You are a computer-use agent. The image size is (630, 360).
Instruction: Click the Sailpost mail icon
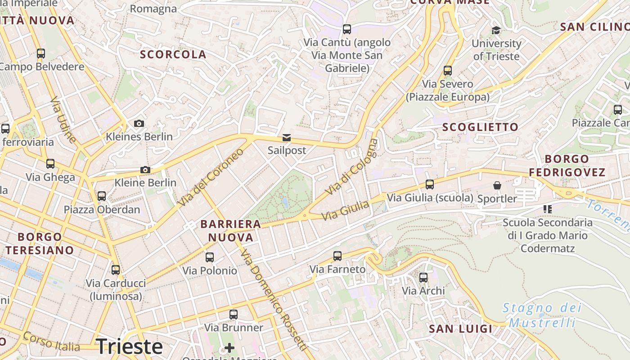pos(287,138)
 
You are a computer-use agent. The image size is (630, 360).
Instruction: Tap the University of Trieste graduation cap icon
pos(496,30)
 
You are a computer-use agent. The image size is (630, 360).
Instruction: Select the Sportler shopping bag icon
pos(497,185)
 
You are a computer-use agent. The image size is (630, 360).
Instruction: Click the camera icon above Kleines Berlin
pos(139,123)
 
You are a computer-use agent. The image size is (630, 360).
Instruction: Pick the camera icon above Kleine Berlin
pos(145,170)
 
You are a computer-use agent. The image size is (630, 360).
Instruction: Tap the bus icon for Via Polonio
pos(210,257)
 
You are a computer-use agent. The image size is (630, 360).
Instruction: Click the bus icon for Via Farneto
pos(337,256)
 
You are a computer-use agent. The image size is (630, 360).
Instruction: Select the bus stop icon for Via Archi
pos(423,278)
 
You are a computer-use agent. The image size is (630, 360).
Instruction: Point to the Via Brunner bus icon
pos(234,315)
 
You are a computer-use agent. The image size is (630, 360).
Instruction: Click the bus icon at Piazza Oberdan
pos(102,196)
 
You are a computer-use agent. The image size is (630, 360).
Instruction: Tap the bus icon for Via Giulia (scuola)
pos(430,184)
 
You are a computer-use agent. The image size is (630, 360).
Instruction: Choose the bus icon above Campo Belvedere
pos(41,54)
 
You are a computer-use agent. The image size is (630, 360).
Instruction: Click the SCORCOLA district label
pos(173,54)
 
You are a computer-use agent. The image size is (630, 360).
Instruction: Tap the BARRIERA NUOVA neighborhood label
pos(231,230)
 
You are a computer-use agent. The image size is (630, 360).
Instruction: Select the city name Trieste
pos(129,346)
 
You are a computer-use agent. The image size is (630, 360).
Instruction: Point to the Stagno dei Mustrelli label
pos(542,315)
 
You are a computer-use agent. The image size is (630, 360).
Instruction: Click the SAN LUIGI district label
pos(461,328)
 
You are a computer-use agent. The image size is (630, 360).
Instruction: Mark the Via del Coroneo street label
pos(210,176)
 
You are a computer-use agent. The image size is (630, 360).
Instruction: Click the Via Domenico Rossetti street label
pos(274,300)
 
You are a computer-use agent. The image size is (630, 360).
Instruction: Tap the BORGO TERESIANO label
pos(40,243)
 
